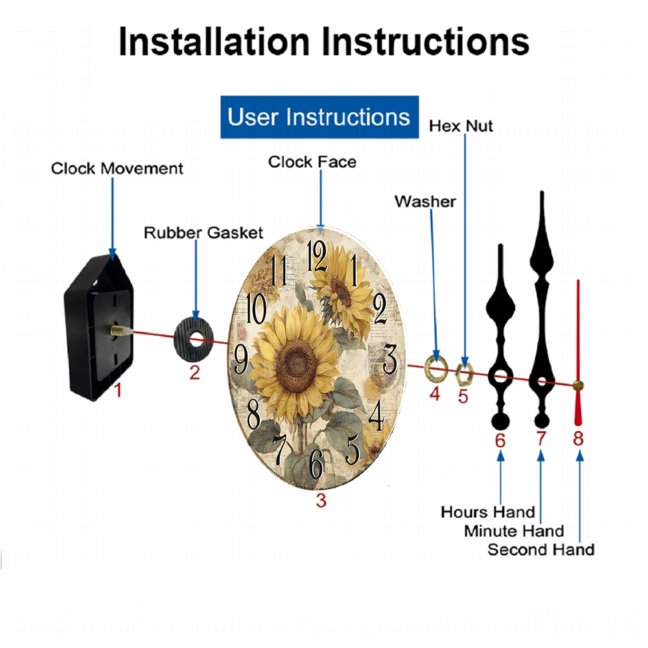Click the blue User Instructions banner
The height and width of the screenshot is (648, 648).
[319, 117]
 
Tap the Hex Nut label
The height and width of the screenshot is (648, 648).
[461, 126]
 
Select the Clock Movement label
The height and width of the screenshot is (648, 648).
[117, 168]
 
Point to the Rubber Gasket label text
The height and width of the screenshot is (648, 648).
[203, 233]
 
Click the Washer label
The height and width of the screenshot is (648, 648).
[425, 202]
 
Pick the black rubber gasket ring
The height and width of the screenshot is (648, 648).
[193, 340]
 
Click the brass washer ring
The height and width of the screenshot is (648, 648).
[436, 368]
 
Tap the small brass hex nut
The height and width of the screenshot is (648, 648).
[464, 373]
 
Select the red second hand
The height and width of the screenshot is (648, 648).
[578, 353]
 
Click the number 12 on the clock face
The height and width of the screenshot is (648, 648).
[317, 256]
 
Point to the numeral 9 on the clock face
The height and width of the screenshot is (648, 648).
[242, 358]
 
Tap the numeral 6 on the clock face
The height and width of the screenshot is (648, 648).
[317, 464]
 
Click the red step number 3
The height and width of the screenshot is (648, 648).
[321, 500]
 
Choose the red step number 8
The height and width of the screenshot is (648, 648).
[578, 439]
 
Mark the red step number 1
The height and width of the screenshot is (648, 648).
[118, 389]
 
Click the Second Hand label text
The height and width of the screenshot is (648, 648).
[541, 550]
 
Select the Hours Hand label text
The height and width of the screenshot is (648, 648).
[488, 512]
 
